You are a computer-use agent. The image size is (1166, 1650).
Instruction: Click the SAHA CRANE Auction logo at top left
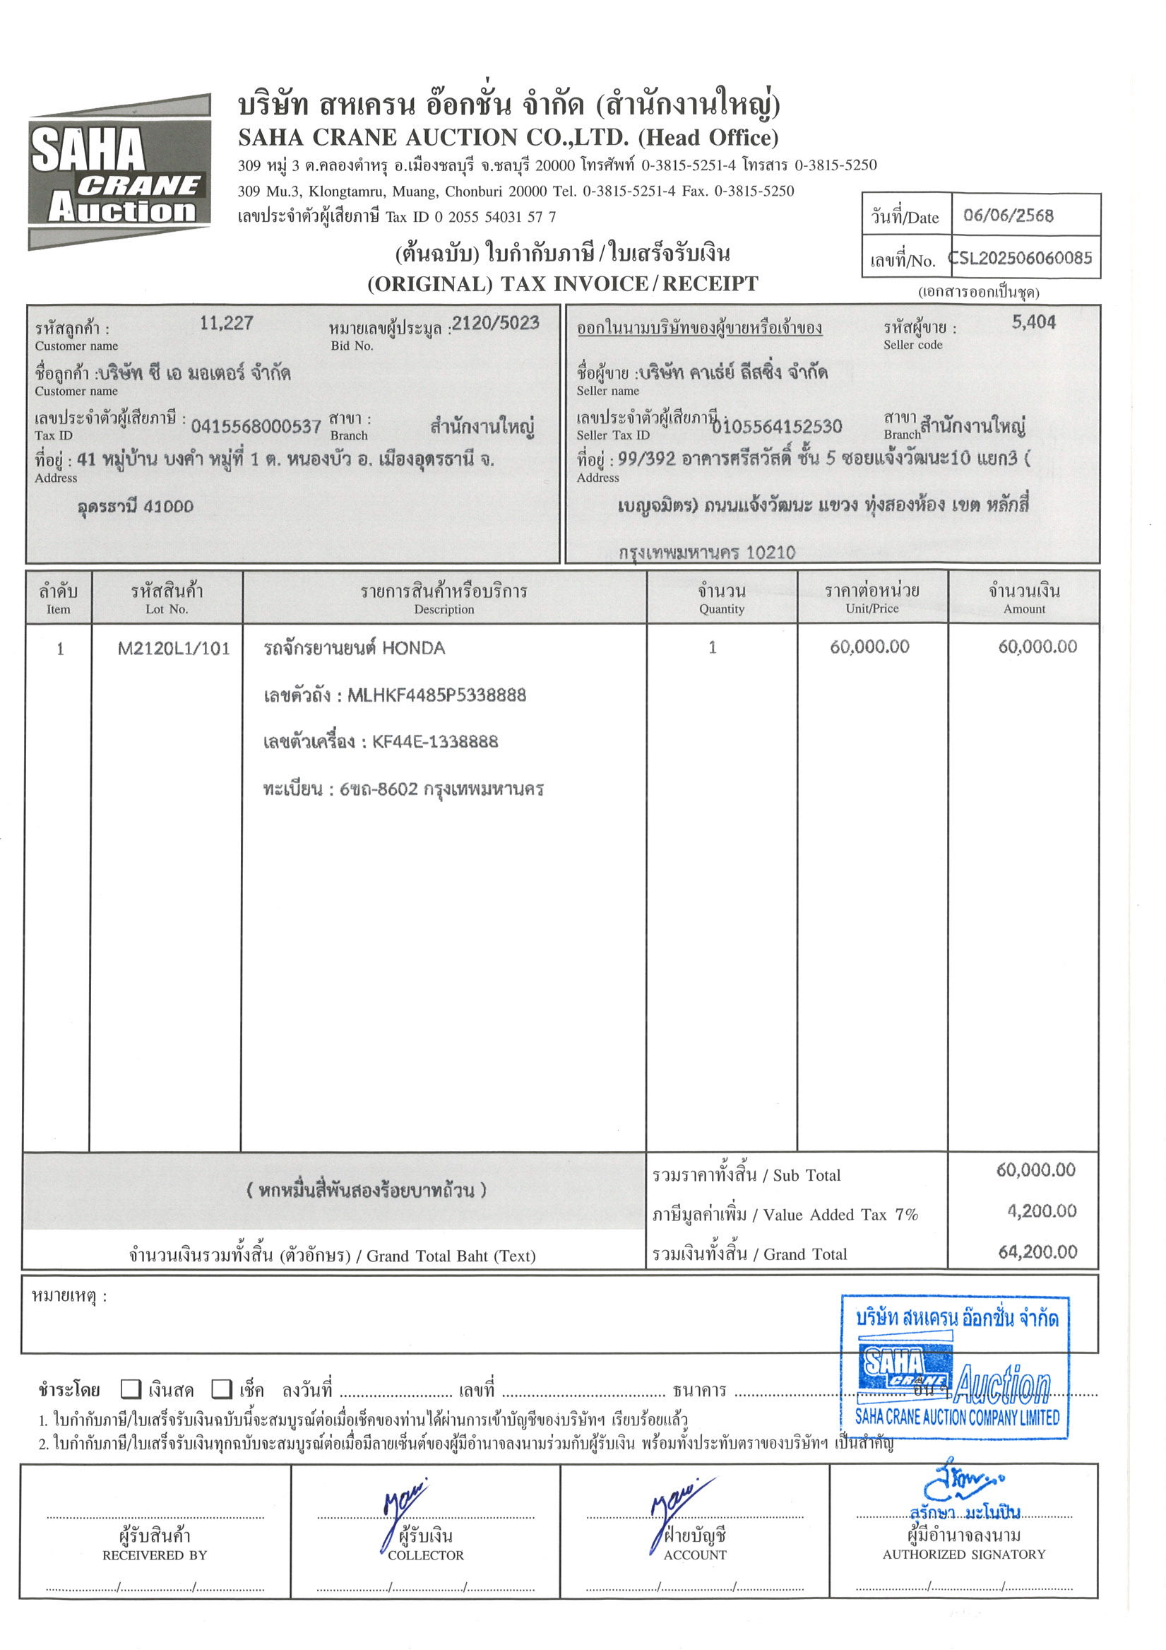[x=119, y=172]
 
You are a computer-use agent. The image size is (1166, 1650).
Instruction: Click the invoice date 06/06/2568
[x=1008, y=216]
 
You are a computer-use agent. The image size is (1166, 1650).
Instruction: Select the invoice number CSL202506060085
[x=1022, y=258]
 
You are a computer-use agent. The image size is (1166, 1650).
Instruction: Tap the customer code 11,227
[x=226, y=324]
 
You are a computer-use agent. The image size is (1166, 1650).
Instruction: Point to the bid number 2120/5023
[x=496, y=324]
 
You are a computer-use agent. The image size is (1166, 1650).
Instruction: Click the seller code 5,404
[x=1033, y=323]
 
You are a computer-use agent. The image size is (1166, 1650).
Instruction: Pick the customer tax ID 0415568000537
[x=256, y=427]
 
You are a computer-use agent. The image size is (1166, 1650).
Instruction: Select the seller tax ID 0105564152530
[x=777, y=427]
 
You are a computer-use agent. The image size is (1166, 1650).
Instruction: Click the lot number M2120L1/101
[x=174, y=649]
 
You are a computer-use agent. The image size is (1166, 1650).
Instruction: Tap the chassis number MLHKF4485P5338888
[x=436, y=695]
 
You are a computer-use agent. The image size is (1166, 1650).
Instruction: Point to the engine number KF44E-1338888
[x=434, y=742]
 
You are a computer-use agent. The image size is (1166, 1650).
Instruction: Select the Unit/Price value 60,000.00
[x=869, y=647]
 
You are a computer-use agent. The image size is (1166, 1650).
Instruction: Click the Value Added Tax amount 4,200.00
[x=1041, y=1211]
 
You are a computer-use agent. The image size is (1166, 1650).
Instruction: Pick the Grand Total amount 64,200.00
[x=1037, y=1252]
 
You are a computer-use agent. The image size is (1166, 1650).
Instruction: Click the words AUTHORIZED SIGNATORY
[x=963, y=1554]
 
